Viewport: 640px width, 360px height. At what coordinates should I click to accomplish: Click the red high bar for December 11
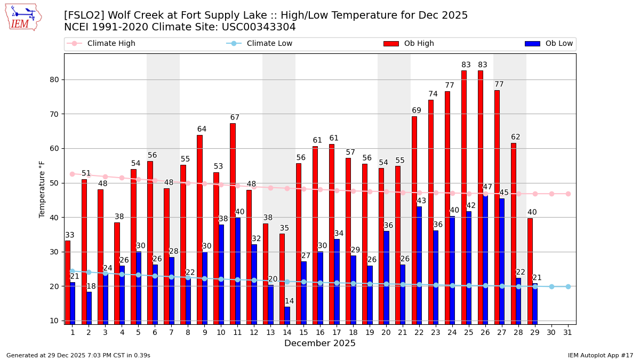[233, 223]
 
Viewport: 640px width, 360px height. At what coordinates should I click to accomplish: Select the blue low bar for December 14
[287, 315]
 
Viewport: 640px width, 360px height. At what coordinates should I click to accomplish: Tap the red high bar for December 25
[463, 197]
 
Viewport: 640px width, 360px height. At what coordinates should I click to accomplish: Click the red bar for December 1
[68, 282]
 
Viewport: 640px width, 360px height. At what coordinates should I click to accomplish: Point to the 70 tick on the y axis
[54, 114]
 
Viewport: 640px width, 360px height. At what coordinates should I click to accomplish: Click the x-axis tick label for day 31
[568, 332]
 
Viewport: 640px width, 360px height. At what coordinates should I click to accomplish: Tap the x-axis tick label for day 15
[303, 332]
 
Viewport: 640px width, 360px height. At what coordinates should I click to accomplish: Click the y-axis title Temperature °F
[42, 189]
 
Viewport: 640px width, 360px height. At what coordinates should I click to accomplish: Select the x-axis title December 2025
[320, 343]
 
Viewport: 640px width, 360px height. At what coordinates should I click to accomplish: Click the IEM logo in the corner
[23, 17]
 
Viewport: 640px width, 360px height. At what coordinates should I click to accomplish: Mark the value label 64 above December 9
[202, 130]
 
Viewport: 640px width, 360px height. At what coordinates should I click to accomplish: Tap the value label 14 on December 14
[289, 301]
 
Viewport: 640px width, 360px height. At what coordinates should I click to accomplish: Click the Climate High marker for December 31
[568, 194]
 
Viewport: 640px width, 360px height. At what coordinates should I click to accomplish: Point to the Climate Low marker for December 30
[551, 286]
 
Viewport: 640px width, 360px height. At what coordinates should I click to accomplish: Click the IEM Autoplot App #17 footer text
[601, 355]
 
